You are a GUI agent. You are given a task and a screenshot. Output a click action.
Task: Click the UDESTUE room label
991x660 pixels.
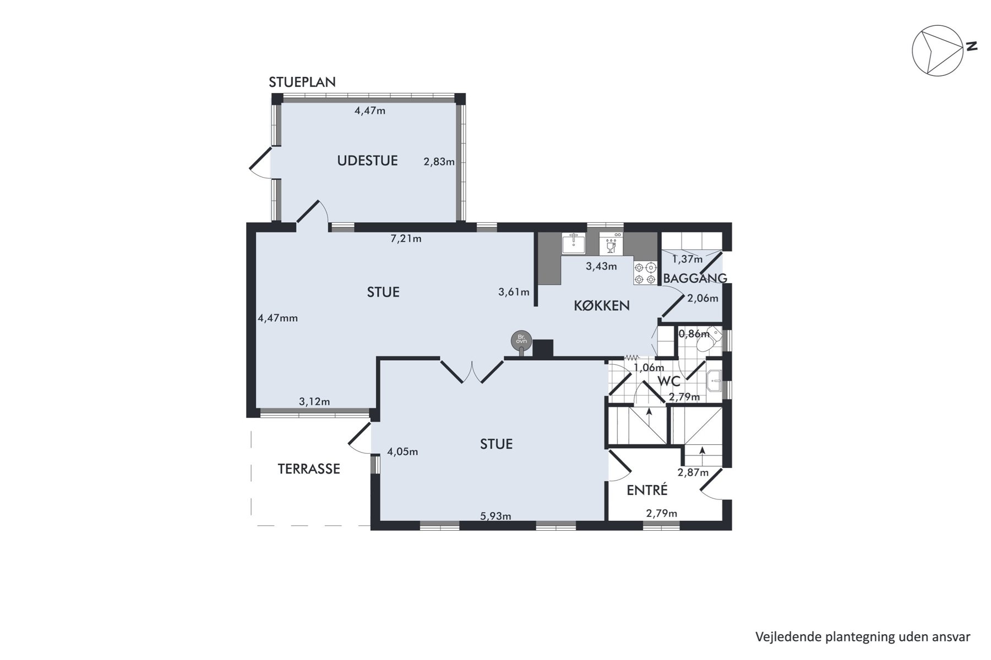(367, 161)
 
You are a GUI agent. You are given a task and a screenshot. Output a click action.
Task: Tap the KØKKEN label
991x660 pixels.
(602, 306)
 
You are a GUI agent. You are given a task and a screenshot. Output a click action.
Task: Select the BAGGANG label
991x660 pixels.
(695, 278)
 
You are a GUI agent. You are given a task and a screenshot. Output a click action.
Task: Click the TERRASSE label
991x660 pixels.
(309, 469)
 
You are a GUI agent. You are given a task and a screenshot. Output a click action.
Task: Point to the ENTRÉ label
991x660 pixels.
(647, 490)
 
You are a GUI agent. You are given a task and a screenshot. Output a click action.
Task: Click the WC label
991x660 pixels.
(669, 381)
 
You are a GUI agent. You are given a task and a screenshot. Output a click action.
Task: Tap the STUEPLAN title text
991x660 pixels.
(302, 82)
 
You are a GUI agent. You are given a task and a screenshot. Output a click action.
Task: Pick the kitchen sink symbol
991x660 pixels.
(573, 243)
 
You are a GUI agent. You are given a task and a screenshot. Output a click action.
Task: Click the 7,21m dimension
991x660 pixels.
(406, 239)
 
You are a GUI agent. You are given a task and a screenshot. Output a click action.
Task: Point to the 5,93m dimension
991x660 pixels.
(495, 516)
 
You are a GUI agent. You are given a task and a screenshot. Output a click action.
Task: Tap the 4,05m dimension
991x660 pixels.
(402, 452)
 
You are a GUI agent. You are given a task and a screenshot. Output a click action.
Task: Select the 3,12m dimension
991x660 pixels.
(314, 402)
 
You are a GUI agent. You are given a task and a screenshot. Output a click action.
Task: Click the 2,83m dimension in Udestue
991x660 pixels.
(439, 162)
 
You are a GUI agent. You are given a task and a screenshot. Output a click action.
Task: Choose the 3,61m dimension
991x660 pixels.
(514, 293)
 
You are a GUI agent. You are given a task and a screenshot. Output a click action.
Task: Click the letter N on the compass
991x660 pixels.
(972, 47)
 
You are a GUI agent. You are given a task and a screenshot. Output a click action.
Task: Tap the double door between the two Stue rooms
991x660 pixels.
(472, 371)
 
